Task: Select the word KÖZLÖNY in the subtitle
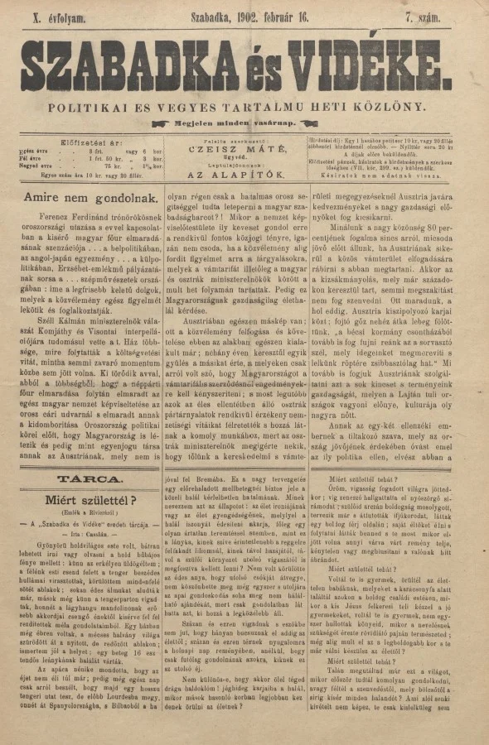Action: [396, 107]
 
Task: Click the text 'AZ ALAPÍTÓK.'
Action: [238, 176]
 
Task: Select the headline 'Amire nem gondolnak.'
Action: [80, 198]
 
